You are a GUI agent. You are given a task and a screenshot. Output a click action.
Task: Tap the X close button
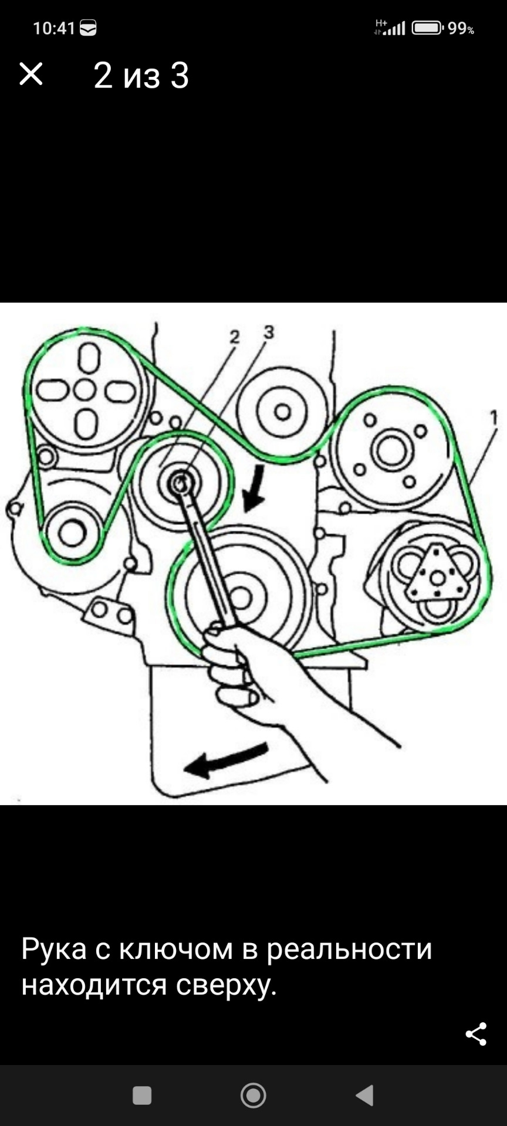[x=31, y=74]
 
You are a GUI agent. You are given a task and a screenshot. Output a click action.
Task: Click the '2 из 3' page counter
[x=141, y=76]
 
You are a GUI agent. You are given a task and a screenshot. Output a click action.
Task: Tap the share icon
[x=476, y=1034]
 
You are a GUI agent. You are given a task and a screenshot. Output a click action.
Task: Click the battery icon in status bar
[x=427, y=28]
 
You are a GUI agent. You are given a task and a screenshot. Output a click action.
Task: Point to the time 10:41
[x=54, y=28]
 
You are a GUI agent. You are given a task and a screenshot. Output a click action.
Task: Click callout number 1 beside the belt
[x=494, y=417]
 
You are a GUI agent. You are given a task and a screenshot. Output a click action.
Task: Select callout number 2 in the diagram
[x=235, y=337]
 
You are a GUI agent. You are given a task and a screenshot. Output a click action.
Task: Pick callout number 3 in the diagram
[x=269, y=332]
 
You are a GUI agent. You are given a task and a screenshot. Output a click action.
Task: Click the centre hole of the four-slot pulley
[x=86, y=389]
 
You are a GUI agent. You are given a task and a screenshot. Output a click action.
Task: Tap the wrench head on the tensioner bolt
[x=180, y=484]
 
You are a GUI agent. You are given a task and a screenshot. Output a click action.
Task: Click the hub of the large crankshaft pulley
[x=241, y=597]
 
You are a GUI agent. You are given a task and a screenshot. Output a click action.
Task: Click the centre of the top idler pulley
[x=283, y=412]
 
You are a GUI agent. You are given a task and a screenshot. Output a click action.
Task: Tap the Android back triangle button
[x=364, y=1095]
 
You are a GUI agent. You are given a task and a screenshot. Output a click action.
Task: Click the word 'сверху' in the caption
[x=226, y=985]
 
